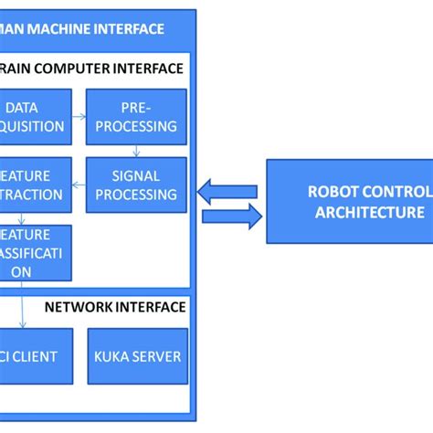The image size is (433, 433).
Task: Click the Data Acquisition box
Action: point(34,117)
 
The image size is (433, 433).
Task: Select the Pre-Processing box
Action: point(136,117)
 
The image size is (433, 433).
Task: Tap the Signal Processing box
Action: point(136,185)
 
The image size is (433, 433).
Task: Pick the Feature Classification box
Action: point(35,253)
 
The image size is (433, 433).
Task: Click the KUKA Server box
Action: point(137,356)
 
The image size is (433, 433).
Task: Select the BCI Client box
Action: point(32,356)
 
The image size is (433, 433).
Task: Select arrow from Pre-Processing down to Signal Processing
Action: point(136,151)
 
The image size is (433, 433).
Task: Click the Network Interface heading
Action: point(115,307)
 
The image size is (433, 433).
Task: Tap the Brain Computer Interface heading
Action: point(91,68)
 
